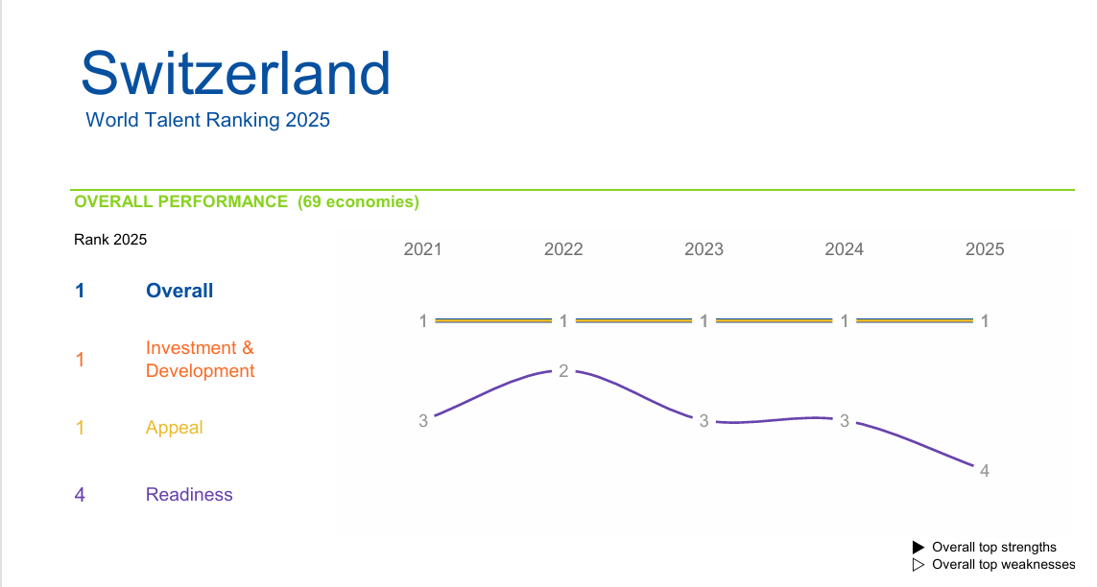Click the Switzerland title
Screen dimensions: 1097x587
236,73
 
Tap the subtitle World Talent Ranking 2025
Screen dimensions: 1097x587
207,120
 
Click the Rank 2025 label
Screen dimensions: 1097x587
110,240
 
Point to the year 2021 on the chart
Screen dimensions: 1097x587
422,249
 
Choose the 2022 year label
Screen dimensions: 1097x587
563,249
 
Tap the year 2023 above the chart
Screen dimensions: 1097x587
704,249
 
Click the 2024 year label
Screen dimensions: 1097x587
845,249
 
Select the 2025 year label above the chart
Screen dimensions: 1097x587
985,249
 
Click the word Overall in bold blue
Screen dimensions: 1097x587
179,291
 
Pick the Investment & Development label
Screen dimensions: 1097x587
200,359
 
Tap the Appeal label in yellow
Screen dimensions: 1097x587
175,428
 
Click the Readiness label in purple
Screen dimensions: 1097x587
189,495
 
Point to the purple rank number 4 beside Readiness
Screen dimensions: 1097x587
80,495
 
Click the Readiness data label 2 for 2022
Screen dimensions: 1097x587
563,371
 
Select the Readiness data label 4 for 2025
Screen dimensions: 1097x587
985,470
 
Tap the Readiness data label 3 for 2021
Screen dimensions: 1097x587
422,421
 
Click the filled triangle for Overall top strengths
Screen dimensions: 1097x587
918,547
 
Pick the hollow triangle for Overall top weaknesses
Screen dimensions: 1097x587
918,565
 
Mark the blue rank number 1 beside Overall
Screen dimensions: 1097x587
80,291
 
